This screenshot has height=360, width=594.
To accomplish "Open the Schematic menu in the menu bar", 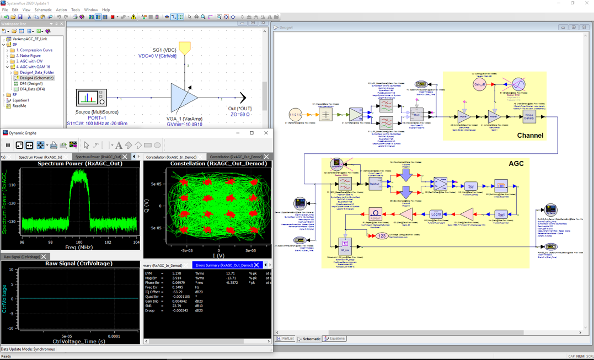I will [42, 10].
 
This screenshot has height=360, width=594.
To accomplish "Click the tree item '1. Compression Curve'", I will [34, 50].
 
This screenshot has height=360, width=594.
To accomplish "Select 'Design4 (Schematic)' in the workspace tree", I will [36, 78].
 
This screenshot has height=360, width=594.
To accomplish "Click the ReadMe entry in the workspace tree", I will [19, 106].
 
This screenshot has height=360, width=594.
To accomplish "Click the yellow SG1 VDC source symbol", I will [185, 48].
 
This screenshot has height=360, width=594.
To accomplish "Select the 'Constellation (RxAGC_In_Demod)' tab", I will [171, 157].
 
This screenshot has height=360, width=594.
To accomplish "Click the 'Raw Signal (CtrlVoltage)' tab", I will [22, 257].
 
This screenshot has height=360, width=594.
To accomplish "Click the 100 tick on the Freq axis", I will [80, 242].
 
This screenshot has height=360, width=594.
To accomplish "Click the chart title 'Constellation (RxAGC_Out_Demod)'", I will [207, 164].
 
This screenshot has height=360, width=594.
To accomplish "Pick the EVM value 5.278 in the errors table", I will [177, 273].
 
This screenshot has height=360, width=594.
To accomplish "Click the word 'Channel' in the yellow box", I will [529, 135].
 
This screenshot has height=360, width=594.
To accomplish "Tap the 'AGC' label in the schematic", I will [516, 164].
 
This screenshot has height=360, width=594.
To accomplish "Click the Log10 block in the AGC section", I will [436, 214].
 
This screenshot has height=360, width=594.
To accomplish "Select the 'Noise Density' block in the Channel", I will [529, 117].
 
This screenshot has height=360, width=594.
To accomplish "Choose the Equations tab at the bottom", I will [335, 338].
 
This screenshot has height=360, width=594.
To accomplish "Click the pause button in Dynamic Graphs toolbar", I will [8, 146].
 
